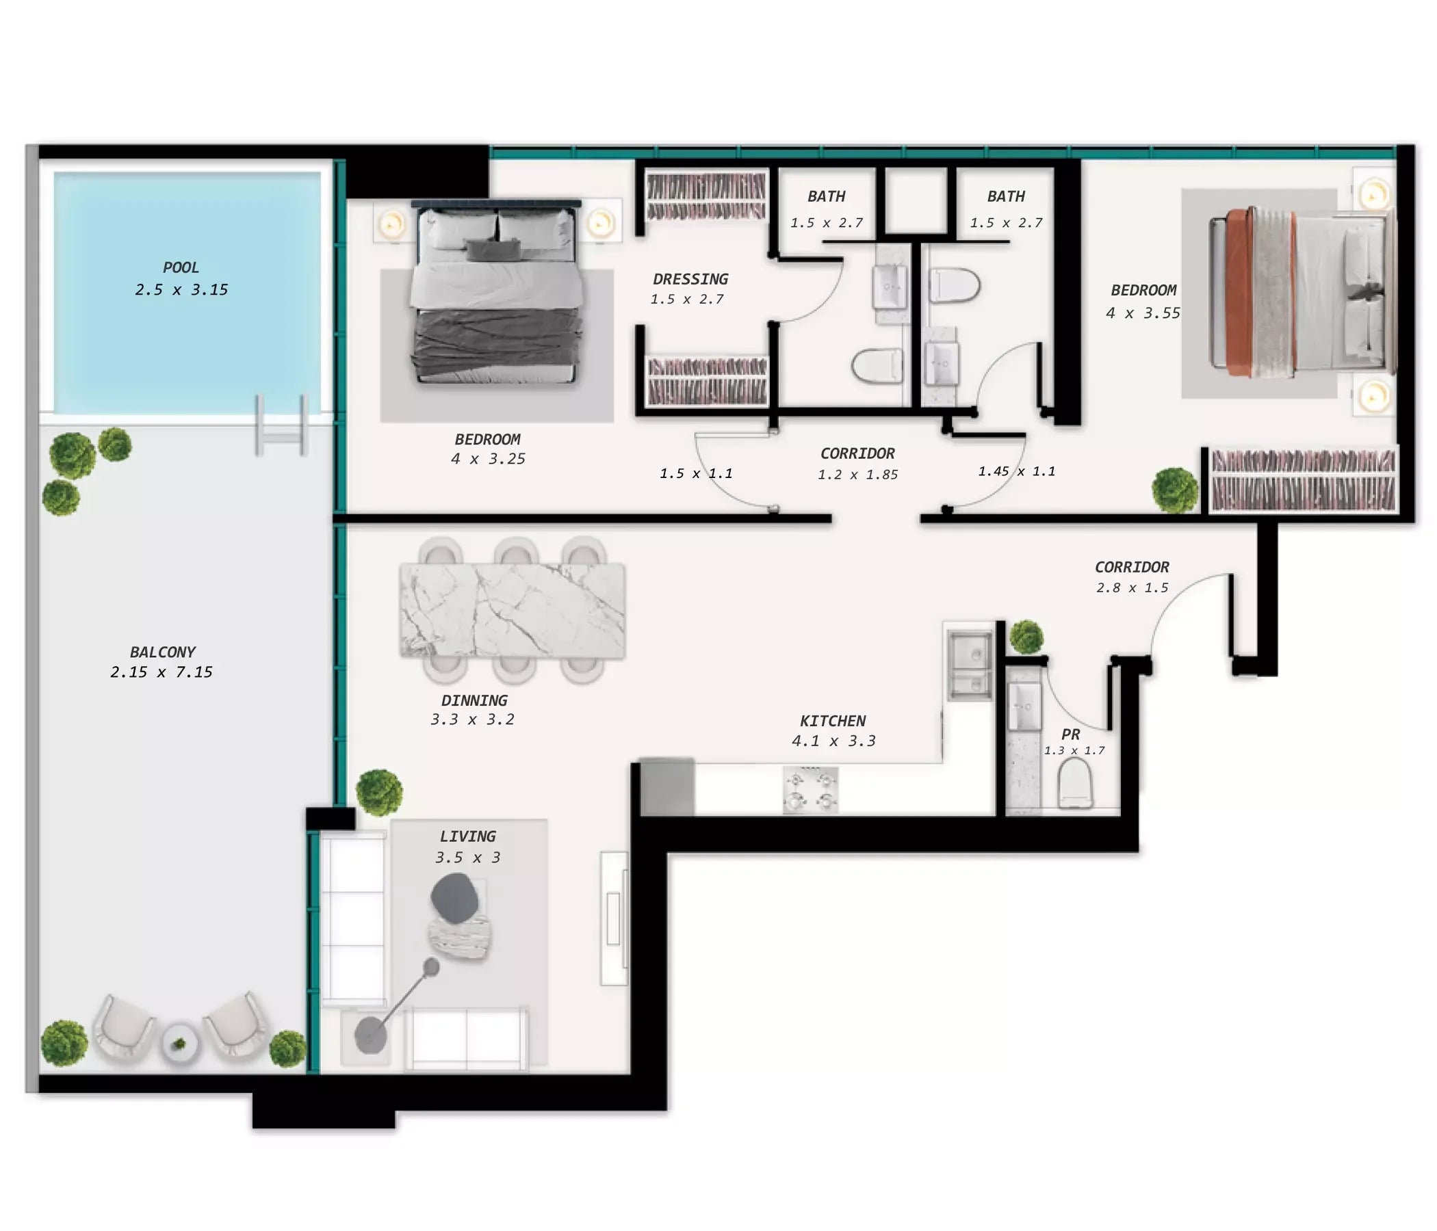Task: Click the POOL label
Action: point(181,267)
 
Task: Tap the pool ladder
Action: point(281,424)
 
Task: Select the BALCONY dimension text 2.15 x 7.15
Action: point(161,672)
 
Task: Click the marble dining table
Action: point(512,610)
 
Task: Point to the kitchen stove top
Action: point(810,789)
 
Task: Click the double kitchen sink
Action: point(970,664)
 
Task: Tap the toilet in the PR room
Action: point(1075,783)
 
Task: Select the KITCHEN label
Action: point(832,721)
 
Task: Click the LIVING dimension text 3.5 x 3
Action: point(467,858)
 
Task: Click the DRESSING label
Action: point(690,279)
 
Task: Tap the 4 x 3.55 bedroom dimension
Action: point(1142,313)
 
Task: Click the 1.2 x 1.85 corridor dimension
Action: point(857,475)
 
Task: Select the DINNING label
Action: point(474,700)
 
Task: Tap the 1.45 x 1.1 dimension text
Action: point(1016,471)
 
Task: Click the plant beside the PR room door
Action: point(1026,636)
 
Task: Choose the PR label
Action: point(1070,734)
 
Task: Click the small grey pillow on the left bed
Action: point(493,250)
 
